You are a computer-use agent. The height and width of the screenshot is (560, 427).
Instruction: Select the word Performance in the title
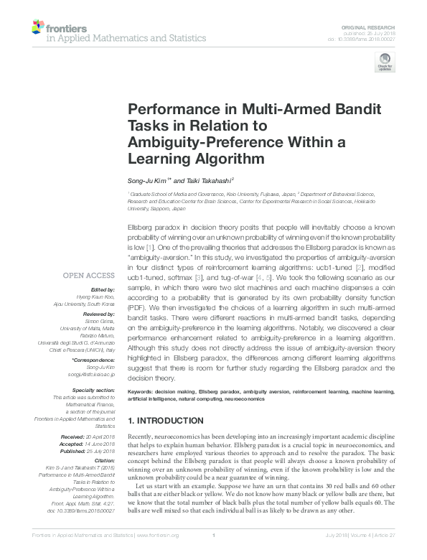coord(169,110)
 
